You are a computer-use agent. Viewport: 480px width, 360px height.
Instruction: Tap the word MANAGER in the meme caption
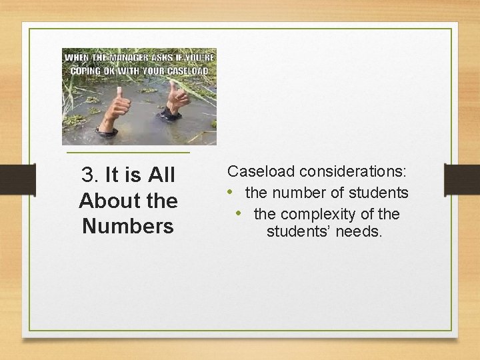125,57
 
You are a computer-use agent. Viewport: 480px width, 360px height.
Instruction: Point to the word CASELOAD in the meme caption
188,71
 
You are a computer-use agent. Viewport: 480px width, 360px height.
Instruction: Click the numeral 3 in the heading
88,175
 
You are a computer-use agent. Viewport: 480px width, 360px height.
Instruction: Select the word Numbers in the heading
128,226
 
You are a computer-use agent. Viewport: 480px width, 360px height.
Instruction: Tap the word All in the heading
161,175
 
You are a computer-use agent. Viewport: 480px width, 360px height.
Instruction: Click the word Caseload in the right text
261,171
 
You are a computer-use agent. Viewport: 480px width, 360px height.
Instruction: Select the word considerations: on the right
353,171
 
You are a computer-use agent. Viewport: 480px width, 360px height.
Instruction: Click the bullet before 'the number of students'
229,193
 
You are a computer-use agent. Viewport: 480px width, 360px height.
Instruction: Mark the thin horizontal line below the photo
129,154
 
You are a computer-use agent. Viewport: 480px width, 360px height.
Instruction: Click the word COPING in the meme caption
82,71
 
